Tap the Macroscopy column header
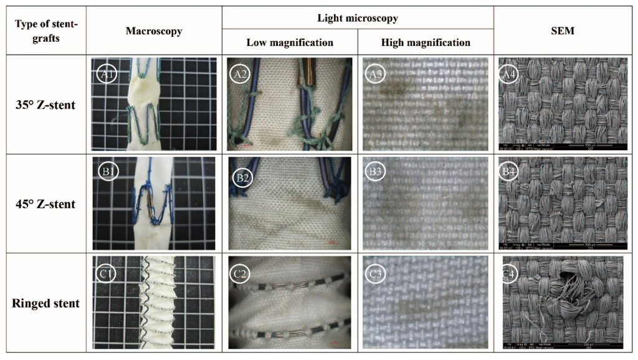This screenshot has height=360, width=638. tap(154, 31)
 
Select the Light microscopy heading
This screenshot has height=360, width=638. tap(358, 19)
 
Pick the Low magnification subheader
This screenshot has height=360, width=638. tap(290, 42)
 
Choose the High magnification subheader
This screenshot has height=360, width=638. tap(426, 42)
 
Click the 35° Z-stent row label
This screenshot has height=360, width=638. tap(46, 105)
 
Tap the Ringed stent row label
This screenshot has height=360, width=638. tap(46, 304)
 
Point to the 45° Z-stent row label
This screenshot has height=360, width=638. tap(46, 204)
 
